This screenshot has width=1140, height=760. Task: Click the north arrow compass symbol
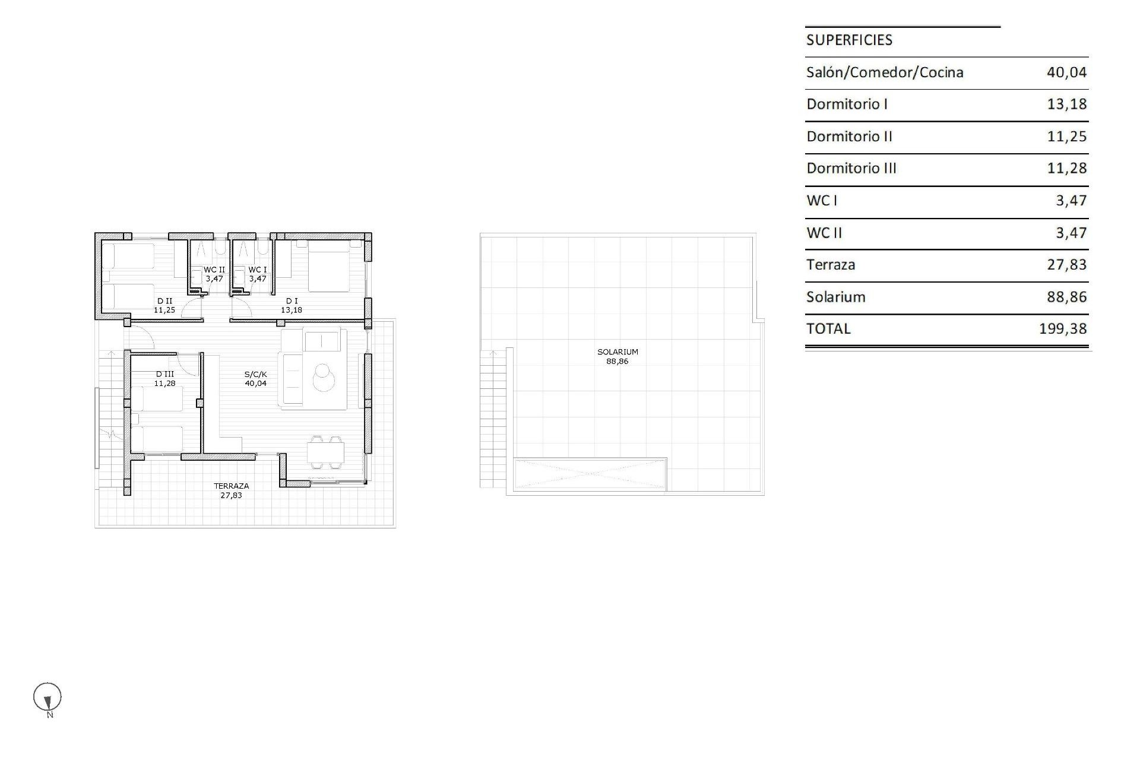click(47, 698)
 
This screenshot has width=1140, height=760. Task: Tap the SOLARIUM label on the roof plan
click(617, 352)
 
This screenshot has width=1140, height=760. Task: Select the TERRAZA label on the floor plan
click(232, 486)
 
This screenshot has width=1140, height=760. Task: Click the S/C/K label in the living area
click(256, 375)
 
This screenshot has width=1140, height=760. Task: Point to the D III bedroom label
click(165, 374)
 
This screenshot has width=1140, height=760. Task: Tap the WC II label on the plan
click(214, 270)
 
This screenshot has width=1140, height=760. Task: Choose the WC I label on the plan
click(258, 270)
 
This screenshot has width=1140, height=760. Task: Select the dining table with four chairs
click(325, 454)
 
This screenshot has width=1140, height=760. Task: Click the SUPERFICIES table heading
click(849, 40)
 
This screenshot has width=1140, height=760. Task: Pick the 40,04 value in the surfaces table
click(1066, 72)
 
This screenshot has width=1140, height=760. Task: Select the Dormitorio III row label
click(851, 168)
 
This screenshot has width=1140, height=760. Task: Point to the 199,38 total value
click(1063, 328)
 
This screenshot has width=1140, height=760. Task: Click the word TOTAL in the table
click(828, 328)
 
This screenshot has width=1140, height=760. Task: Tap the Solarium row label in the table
click(835, 297)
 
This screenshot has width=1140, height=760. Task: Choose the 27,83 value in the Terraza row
click(1066, 265)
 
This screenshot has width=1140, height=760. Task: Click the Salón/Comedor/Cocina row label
click(885, 72)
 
